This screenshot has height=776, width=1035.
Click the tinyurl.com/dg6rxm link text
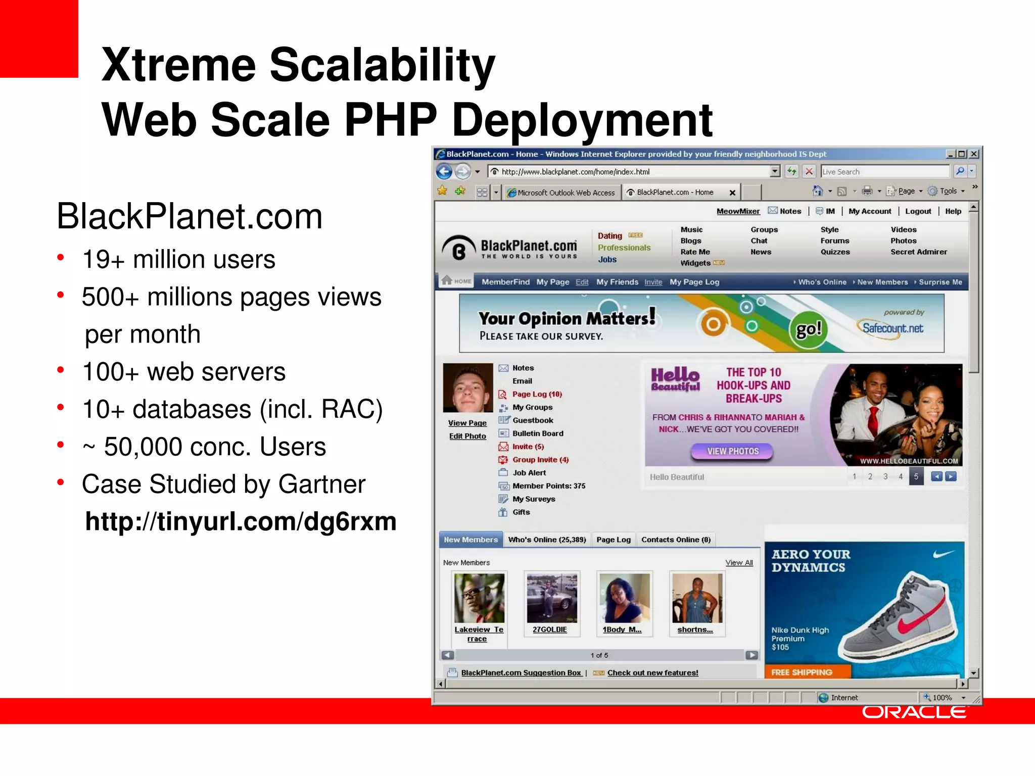click(x=241, y=521)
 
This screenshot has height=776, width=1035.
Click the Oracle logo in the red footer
click(x=914, y=712)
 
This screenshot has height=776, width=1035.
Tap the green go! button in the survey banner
click(x=809, y=329)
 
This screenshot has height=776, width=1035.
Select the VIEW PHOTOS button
click(x=732, y=451)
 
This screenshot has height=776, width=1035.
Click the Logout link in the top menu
click(x=918, y=211)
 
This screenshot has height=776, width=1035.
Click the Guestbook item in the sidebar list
click(x=533, y=420)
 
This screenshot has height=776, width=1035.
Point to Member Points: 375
click(x=549, y=486)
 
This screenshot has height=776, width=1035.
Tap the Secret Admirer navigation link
click(x=918, y=252)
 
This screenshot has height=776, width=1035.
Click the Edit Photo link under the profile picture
click(x=467, y=436)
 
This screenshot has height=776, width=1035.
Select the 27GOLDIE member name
click(x=550, y=629)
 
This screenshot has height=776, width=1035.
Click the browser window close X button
click(x=974, y=154)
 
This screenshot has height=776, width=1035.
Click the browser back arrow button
click(x=444, y=172)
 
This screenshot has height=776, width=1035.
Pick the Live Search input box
click(x=884, y=172)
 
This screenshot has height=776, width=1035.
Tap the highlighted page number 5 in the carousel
click(x=916, y=476)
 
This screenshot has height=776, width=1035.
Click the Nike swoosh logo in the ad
click(x=943, y=554)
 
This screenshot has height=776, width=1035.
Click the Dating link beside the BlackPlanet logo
click(x=610, y=235)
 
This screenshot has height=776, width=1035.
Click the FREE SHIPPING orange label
click(x=802, y=672)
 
